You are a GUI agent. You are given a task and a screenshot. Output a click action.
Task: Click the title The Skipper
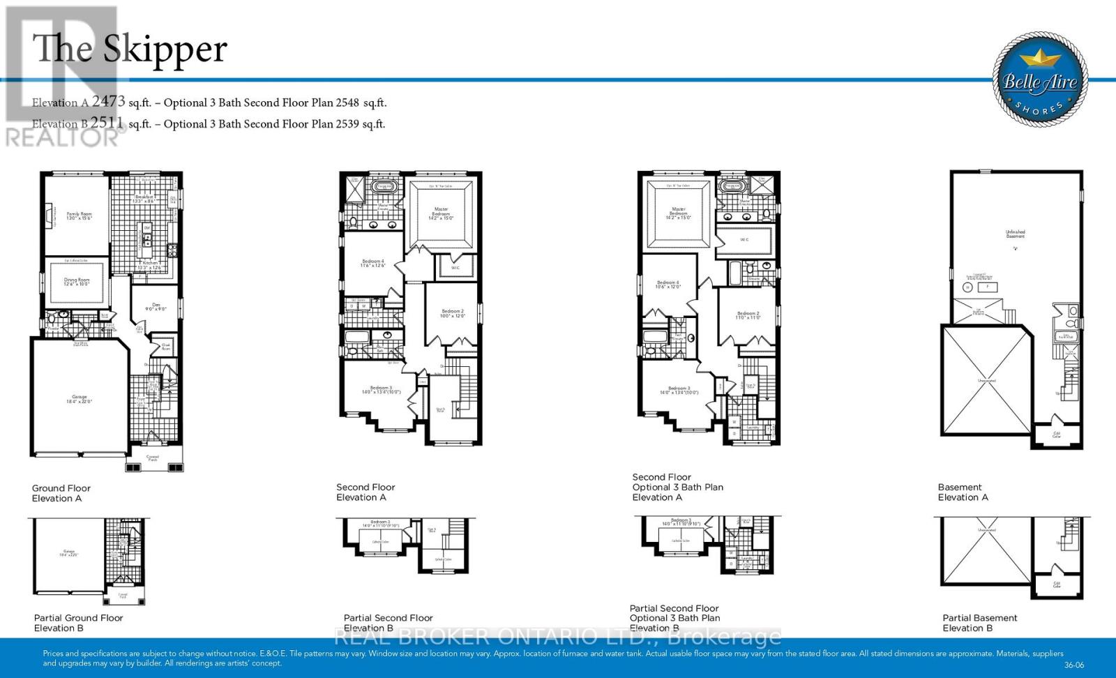[x=130, y=49]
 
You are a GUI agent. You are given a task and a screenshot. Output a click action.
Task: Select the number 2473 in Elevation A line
[x=108, y=102]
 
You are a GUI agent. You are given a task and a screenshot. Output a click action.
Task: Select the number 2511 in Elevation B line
[x=107, y=123]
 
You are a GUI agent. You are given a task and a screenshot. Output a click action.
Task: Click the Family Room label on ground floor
[x=79, y=216]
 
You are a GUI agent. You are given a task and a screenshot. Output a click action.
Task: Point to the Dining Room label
[x=77, y=281]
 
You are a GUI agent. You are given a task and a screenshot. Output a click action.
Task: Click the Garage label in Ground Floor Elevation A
[x=79, y=399]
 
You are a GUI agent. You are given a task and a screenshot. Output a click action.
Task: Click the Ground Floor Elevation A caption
[x=61, y=493]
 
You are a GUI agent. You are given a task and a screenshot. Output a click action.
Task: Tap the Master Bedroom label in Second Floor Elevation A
[x=441, y=212]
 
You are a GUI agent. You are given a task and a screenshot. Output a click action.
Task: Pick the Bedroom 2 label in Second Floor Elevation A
[x=452, y=312]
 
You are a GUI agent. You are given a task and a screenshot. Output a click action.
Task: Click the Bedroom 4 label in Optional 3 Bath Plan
[x=668, y=284]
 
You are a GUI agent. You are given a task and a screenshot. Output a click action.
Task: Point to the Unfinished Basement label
[x=1016, y=234]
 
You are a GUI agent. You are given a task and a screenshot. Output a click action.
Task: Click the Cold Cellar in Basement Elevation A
[x=1057, y=435]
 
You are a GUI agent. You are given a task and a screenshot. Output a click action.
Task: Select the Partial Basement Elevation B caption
[x=979, y=622]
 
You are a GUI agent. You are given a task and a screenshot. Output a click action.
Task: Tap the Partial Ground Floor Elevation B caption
[x=78, y=622]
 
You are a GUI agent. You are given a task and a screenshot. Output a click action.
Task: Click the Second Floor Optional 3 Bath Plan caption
[x=677, y=487]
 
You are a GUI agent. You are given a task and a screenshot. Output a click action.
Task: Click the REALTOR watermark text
[x=63, y=137]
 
